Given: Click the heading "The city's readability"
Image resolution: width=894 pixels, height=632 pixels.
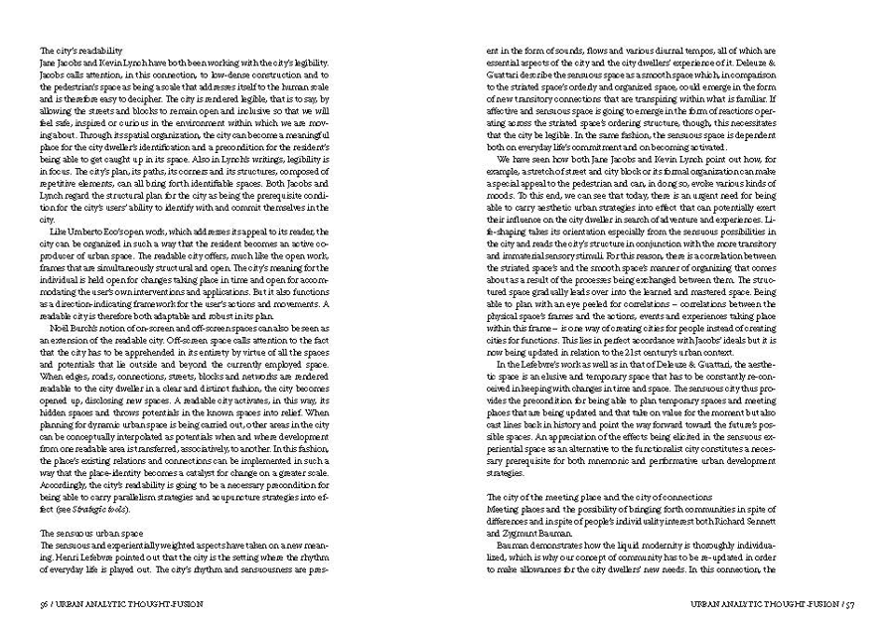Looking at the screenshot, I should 80,50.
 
